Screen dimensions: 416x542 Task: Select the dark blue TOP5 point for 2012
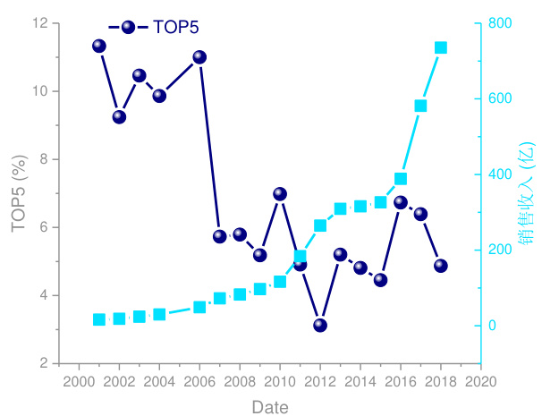pyautogui.click(x=320, y=326)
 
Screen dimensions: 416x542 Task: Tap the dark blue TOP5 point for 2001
pyautogui.click(x=99, y=46)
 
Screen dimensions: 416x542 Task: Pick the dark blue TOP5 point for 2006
pyautogui.click(x=199, y=57)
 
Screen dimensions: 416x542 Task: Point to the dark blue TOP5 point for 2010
pyautogui.click(x=280, y=194)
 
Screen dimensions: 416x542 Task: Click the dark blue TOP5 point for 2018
pyautogui.click(x=441, y=266)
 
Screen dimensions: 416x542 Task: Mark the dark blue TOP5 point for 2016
pyautogui.click(x=401, y=202)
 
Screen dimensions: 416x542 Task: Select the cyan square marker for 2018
pyautogui.click(x=441, y=47)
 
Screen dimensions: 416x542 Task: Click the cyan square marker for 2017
pyautogui.click(x=420, y=106)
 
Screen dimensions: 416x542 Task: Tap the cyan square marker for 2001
pyautogui.click(x=99, y=319)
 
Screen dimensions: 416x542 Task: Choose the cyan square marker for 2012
pyautogui.click(x=320, y=225)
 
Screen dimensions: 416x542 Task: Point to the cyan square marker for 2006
pyautogui.click(x=199, y=307)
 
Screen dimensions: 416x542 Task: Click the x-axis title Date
pyautogui.click(x=269, y=407)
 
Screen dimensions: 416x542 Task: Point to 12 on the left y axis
pyautogui.click(x=40, y=23)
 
